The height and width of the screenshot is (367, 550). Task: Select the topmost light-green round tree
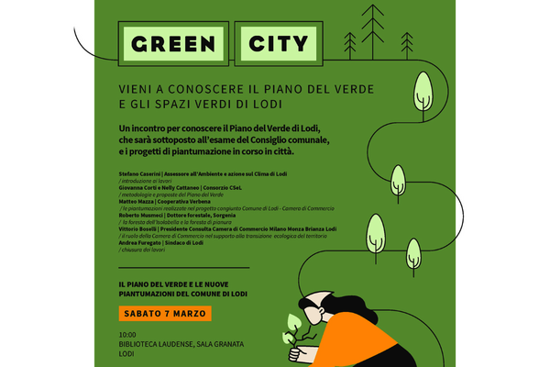(x=423, y=86)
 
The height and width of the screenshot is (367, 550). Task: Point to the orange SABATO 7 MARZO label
(x=165, y=314)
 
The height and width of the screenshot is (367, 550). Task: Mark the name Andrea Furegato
(x=140, y=242)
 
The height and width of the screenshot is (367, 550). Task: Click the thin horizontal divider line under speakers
(x=183, y=267)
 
